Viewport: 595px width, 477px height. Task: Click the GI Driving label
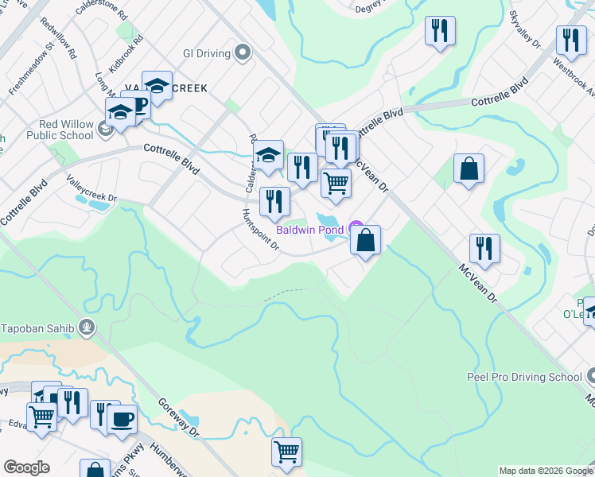[x=206, y=54]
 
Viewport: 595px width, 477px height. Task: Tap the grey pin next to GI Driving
[x=243, y=54]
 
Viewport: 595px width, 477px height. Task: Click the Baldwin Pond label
[x=309, y=230]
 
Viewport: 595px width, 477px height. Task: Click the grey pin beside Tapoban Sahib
[x=87, y=327]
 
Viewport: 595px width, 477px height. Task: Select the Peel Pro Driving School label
[x=524, y=376]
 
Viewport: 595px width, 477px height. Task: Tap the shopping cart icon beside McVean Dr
[x=336, y=183]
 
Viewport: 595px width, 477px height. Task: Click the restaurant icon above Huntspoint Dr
[x=274, y=201]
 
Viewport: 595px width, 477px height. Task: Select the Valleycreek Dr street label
[x=91, y=188]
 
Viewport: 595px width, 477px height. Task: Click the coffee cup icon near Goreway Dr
[x=122, y=420]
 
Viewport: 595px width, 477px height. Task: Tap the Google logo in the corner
[x=26, y=468]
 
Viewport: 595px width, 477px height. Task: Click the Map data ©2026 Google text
[x=546, y=471]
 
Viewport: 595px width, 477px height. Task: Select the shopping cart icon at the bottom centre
[x=286, y=452]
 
